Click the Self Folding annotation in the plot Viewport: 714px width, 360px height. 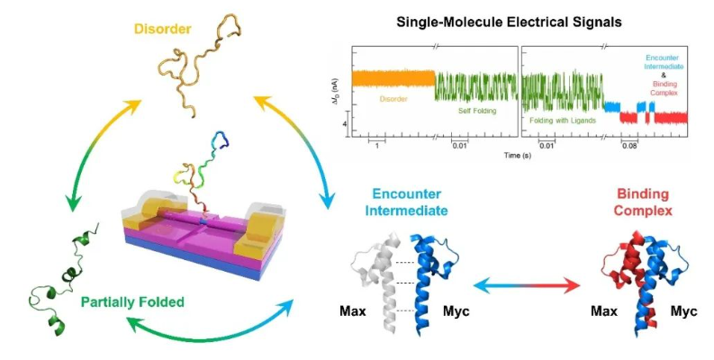[465, 112]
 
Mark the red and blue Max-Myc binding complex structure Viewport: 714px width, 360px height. [637, 274]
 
